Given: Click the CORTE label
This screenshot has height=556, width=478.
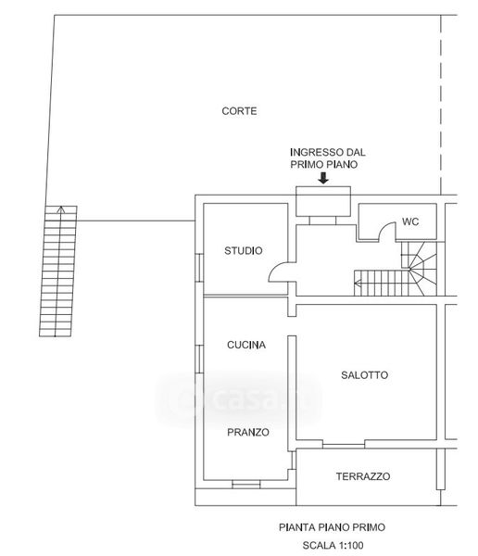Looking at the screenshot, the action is click(239, 111).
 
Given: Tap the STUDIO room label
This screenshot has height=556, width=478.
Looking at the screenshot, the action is click(244, 251).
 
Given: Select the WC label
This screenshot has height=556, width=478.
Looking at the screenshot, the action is click(410, 221).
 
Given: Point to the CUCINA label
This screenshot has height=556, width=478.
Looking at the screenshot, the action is click(246, 345).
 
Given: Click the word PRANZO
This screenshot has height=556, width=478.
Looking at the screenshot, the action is click(248, 432).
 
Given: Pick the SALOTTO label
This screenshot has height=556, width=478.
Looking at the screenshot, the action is click(365, 374).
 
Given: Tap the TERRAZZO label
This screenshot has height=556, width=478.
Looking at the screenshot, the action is click(363, 476).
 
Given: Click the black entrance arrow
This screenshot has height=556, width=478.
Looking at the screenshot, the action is click(323, 178).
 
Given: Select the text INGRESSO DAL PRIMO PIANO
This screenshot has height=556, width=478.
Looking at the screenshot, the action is click(328, 158).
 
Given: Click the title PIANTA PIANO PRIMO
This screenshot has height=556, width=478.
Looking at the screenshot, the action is click(332, 527).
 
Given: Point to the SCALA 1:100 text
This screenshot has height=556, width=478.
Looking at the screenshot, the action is click(333, 545).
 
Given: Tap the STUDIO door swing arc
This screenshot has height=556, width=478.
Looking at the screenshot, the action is click(276, 268).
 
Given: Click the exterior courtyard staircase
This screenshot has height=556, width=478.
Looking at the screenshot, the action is click(57, 271).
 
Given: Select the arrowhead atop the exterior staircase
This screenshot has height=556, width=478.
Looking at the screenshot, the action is click(61, 209).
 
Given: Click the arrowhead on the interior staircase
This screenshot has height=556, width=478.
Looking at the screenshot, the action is click(358, 283).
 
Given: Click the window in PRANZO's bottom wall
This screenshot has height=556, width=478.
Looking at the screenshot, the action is click(246, 484).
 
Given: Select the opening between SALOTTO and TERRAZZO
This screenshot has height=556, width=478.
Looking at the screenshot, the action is click(344, 444).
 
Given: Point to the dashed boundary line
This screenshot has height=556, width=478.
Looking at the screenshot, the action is click(441, 105).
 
